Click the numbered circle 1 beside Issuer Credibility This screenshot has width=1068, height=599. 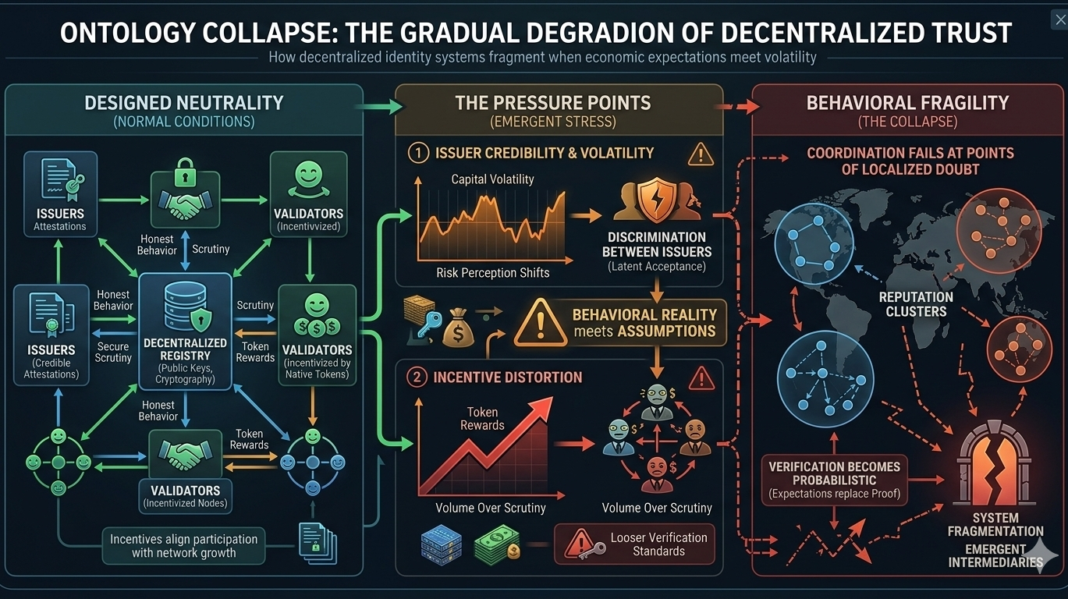click(419, 154)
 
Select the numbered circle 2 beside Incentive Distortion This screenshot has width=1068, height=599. click(419, 377)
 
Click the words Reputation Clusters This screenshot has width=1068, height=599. click(915, 304)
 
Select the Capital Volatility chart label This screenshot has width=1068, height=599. click(492, 179)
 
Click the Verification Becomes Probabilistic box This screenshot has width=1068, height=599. click(834, 480)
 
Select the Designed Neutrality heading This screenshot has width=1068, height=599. click(183, 102)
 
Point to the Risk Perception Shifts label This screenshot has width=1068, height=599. click(492, 273)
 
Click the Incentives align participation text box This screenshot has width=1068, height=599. click(183, 546)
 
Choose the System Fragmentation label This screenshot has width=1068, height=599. click(995, 524)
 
